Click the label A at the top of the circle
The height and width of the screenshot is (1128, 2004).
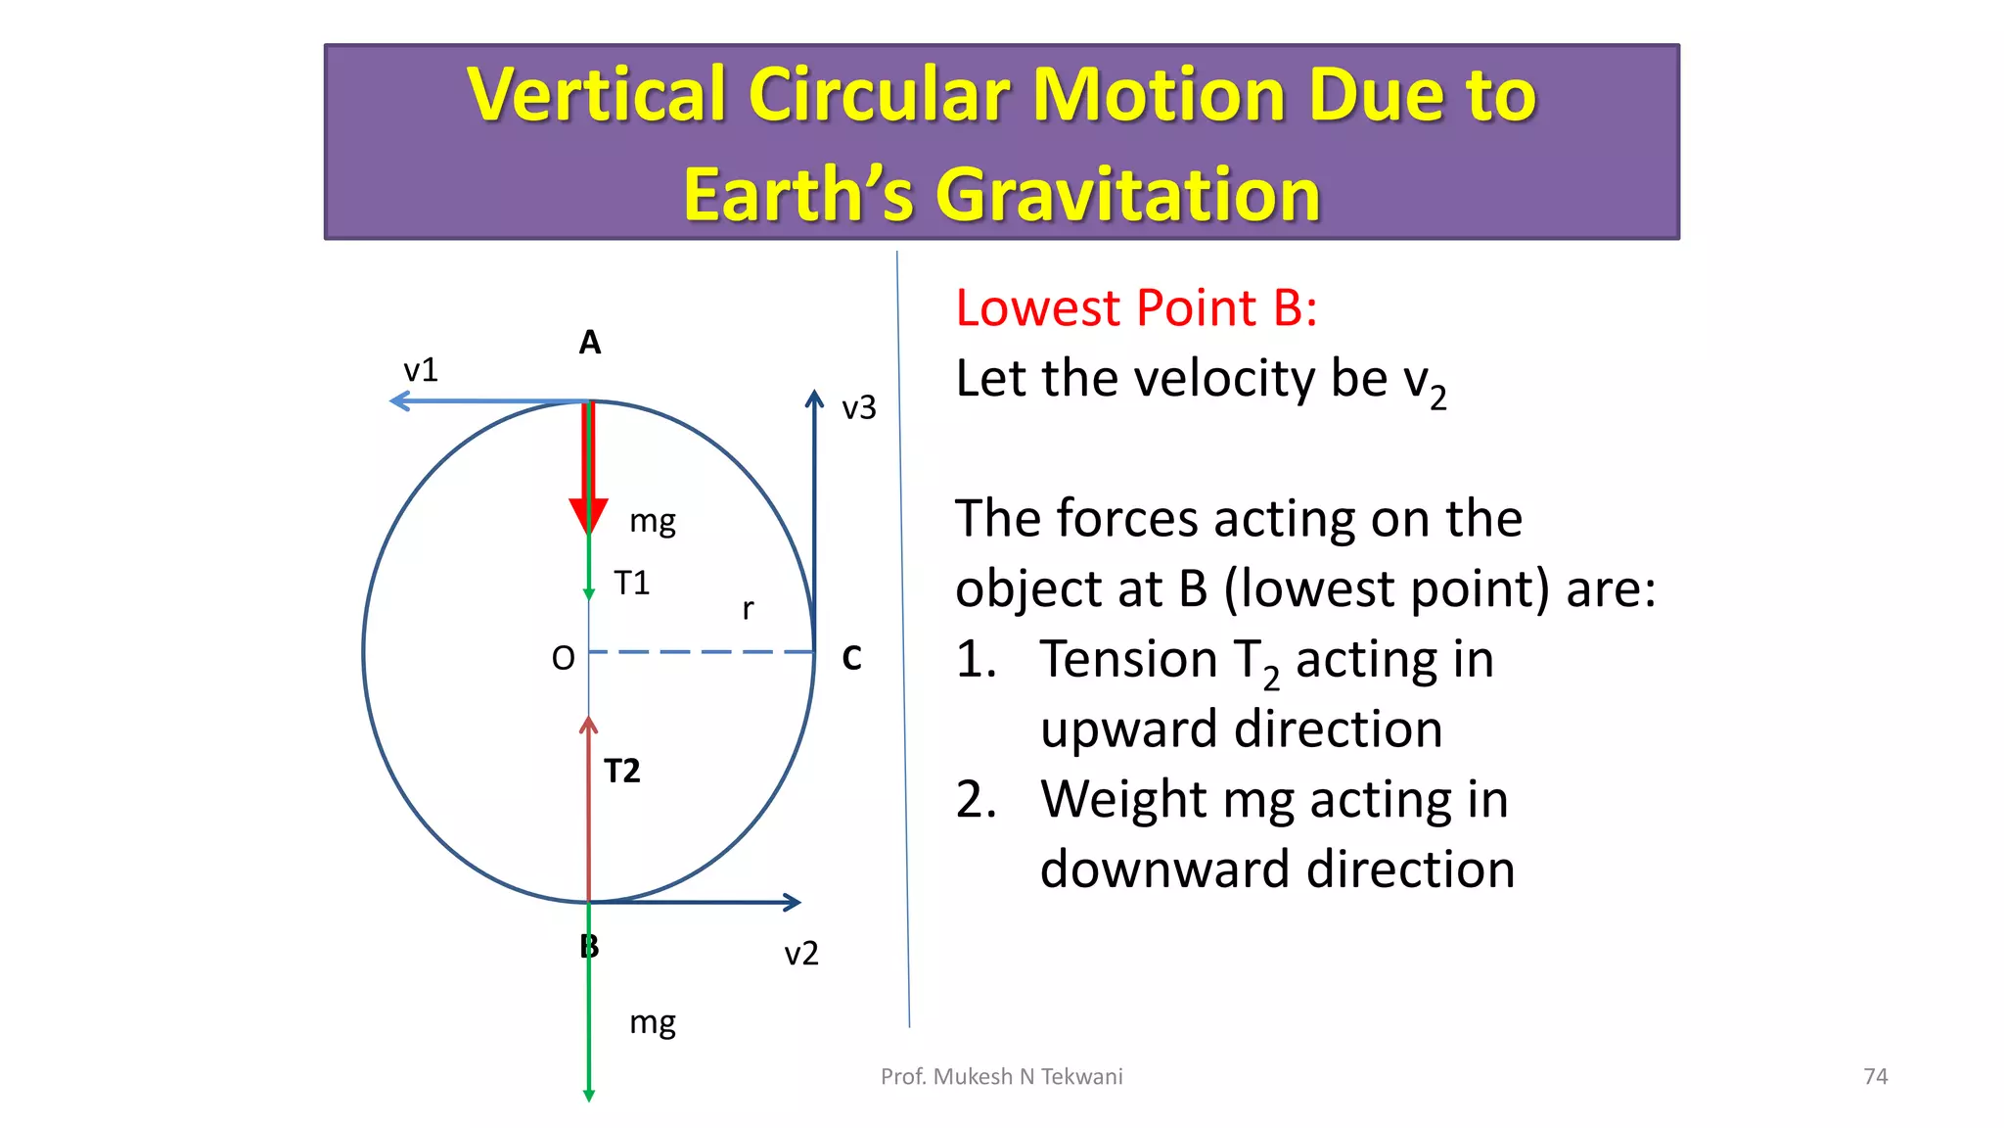[589, 343]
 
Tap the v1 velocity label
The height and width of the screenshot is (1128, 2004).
[421, 370]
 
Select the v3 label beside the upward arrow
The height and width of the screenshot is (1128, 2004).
[859, 407]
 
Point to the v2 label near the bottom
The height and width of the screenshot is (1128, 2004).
[801, 953]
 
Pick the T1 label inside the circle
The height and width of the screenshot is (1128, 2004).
[632, 584]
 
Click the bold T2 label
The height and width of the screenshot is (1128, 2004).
[622, 772]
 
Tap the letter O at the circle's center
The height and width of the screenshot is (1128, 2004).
[563, 658]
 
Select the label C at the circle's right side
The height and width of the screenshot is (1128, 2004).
[851, 658]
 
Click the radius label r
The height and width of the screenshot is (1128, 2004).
[749, 609]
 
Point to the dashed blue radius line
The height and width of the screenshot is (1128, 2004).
[701, 651]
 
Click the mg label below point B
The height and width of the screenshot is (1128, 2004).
[653, 1023]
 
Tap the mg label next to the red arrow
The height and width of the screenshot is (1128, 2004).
[653, 521]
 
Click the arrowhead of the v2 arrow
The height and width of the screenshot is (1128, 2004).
[794, 902]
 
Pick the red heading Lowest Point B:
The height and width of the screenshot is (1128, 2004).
[1136, 307]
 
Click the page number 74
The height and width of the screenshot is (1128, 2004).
[1875, 1076]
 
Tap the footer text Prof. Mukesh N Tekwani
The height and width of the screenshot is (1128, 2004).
[1001, 1076]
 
